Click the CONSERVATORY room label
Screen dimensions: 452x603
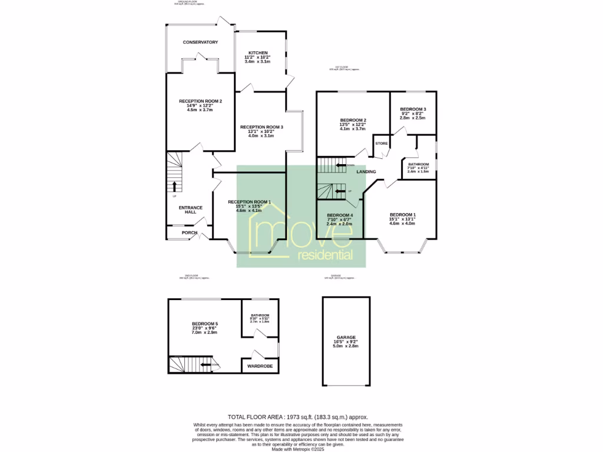point(200,42)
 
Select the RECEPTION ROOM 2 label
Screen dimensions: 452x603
point(200,101)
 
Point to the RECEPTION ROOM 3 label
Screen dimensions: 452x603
point(261,127)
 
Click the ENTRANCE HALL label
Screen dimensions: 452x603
point(190,210)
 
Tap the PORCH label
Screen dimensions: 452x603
point(189,232)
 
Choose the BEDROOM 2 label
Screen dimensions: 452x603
point(353,120)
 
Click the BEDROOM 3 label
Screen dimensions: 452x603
point(413,109)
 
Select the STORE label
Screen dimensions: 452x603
point(382,143)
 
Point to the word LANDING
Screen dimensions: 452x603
point(366,171)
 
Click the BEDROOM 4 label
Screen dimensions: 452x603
point(339,215)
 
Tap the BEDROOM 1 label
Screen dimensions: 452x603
point(402,214)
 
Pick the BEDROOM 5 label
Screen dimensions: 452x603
point(204,324)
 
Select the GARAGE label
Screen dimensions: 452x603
point(346,337)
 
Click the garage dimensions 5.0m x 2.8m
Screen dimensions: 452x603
point(346,347)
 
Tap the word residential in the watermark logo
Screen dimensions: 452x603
point(326,255)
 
